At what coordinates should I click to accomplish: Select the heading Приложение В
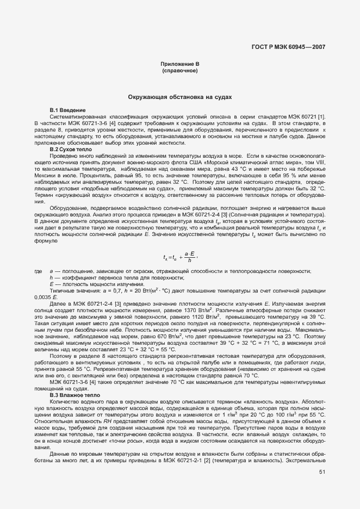tap(179, 65)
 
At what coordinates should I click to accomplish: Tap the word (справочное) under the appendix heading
tap(179, 71)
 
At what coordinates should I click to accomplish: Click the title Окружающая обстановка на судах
tap(179, 97)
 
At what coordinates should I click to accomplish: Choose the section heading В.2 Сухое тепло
tap(71, 150)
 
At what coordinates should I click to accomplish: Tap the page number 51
tap(322, 473)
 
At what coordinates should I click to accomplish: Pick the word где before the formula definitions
tap(39, 271)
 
